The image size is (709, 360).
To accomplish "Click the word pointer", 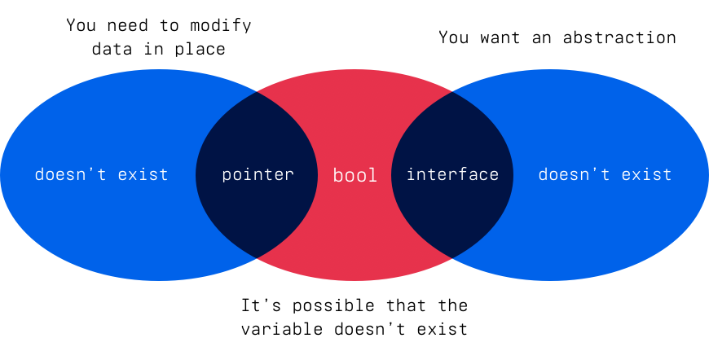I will (258, 174).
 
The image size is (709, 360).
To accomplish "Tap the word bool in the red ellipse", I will (355, 175).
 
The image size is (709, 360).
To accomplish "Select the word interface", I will (452, 174).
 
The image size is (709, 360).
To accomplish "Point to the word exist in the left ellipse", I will (143, 174).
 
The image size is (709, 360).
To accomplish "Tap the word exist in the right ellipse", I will (647, 174).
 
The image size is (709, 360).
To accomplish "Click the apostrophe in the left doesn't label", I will (97, 169).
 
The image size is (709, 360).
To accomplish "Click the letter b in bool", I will (338, 174).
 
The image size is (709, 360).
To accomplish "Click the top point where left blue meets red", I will (258, 92).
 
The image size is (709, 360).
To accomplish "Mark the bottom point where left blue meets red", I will (258, 257).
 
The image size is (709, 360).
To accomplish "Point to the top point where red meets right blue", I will (452, 92).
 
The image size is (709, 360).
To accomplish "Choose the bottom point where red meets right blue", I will (452, 257).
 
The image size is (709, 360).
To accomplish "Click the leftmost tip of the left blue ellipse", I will (2, 174).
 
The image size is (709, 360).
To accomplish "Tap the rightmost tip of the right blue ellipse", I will (707, 174).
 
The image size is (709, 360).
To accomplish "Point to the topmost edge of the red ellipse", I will (354, 70).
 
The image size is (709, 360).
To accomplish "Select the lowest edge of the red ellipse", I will (354, 280).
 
